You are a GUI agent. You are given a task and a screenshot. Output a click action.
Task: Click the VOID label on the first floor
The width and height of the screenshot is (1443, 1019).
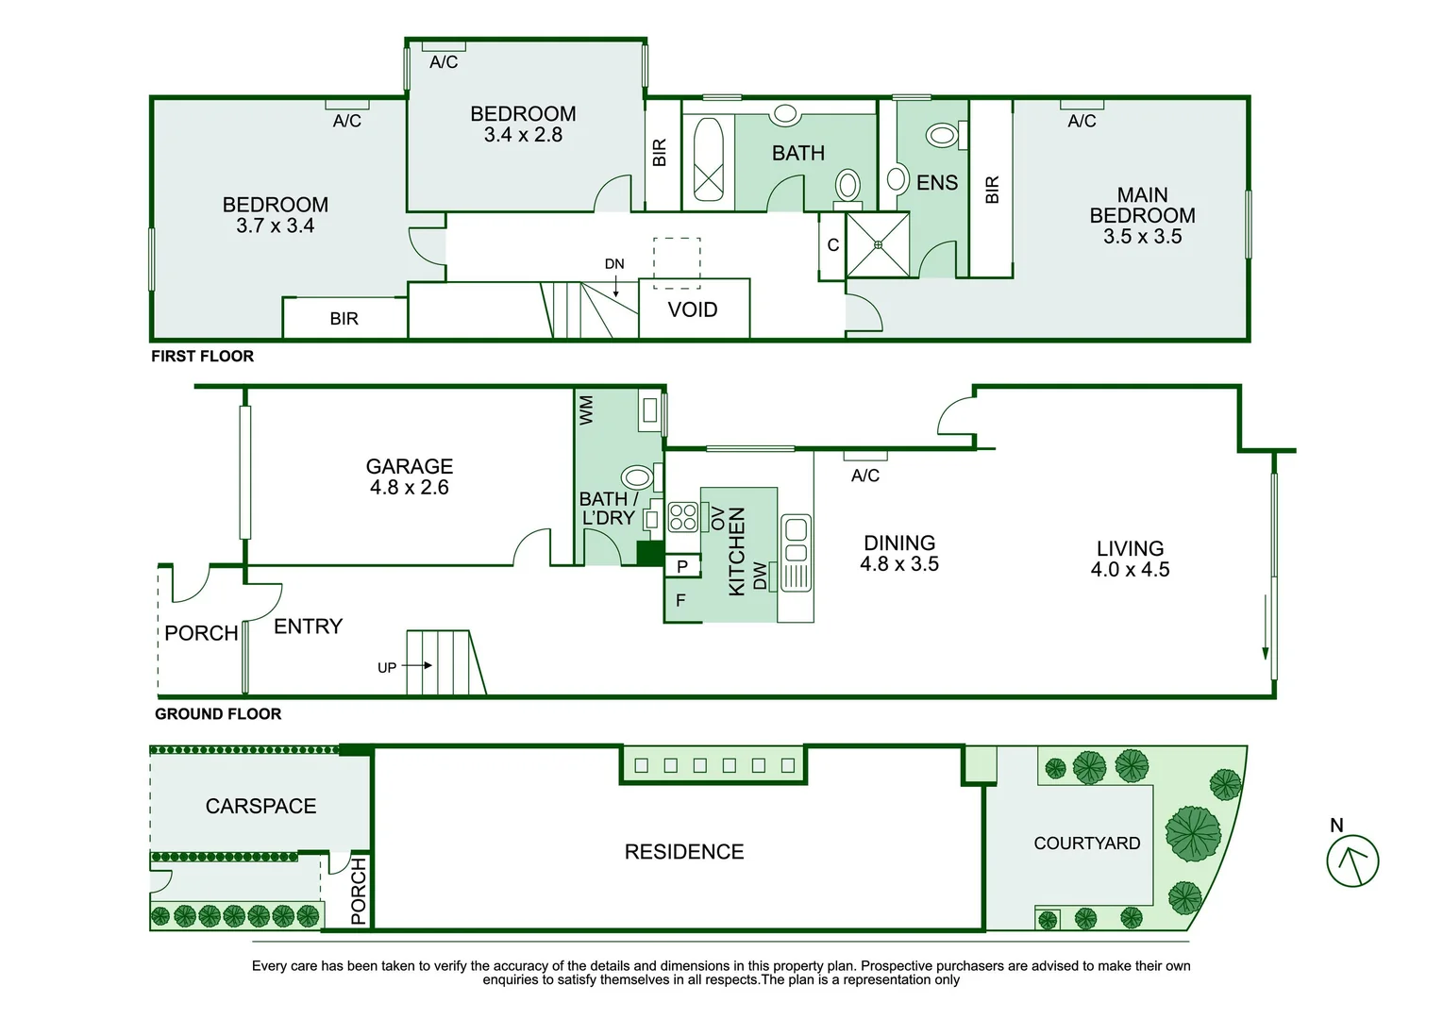coord(693,309)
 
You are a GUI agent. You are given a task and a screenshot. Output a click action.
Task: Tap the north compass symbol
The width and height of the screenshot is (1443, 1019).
coord(1352,861)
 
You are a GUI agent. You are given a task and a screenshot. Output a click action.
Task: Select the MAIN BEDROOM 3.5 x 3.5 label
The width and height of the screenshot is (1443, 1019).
coord(1142,215)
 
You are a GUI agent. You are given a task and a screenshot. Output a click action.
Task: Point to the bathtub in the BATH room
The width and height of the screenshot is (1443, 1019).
coord(708,159)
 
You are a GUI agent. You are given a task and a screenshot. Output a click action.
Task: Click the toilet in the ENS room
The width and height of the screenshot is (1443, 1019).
coord(946,135)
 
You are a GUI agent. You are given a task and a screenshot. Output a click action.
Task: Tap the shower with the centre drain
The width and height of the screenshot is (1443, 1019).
coord(878,244)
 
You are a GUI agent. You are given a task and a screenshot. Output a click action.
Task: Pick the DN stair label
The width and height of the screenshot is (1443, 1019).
coord(614,264)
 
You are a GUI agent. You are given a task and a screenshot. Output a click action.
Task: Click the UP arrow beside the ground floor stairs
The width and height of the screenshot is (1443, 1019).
coord(417,665)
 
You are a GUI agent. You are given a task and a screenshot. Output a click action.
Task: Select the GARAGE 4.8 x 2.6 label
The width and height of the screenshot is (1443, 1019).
coord(409,476)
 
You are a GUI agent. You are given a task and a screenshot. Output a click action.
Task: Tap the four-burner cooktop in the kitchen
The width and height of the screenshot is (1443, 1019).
coord(683,517)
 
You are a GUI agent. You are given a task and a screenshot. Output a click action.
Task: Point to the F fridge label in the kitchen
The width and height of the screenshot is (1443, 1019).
coord(680,600)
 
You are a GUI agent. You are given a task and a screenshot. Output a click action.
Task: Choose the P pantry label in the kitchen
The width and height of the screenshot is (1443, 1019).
coord(682,566)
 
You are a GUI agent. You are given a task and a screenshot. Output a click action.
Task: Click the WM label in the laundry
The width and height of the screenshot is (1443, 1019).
coord(586,410)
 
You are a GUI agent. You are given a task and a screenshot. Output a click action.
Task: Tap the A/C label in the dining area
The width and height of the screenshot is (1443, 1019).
coord(864,476)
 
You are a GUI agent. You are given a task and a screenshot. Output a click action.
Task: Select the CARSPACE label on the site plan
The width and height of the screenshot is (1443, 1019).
coord(260,806)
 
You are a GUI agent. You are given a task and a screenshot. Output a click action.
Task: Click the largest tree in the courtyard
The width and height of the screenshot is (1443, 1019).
coord(1193,833)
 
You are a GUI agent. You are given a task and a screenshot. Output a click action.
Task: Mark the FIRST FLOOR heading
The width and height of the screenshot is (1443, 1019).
coord(202,357)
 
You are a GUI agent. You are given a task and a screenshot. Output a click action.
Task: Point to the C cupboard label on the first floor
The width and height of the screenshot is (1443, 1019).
coord(833,244)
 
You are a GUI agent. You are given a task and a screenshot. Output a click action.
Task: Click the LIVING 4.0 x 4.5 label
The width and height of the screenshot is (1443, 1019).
coord(1130,560)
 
